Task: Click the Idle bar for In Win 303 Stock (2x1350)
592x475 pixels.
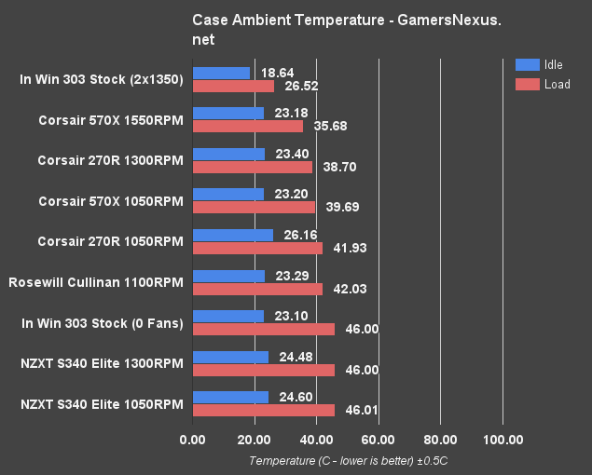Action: (x=221, y=73)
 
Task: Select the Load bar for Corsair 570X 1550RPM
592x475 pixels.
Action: (x=247, y=126)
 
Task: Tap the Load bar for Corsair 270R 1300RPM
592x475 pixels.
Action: (x=252, y=167)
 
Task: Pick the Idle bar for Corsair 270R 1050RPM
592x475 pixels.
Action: (x=232, y=235)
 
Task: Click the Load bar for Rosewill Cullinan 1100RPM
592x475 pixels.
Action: (x=257, y=289)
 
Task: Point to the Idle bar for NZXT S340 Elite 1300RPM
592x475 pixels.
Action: (x=230, y=357)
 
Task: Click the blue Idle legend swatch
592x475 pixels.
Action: (x=528, y=64)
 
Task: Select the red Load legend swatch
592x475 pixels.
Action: (x=528, y=84)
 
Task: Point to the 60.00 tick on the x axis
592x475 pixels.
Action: (x=379, y=440)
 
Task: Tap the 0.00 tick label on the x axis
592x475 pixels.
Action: (x=193, y=440)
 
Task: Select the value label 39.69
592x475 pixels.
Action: (x=339, y=208)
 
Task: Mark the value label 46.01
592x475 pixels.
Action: (x=358, y=410)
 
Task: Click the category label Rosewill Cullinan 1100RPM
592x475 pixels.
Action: (x=95, y=281)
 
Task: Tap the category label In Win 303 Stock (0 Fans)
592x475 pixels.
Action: (x=101, y=322)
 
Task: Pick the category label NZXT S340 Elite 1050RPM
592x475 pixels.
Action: (x=101, y=403)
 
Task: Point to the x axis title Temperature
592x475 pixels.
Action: (x=349, y=461)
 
